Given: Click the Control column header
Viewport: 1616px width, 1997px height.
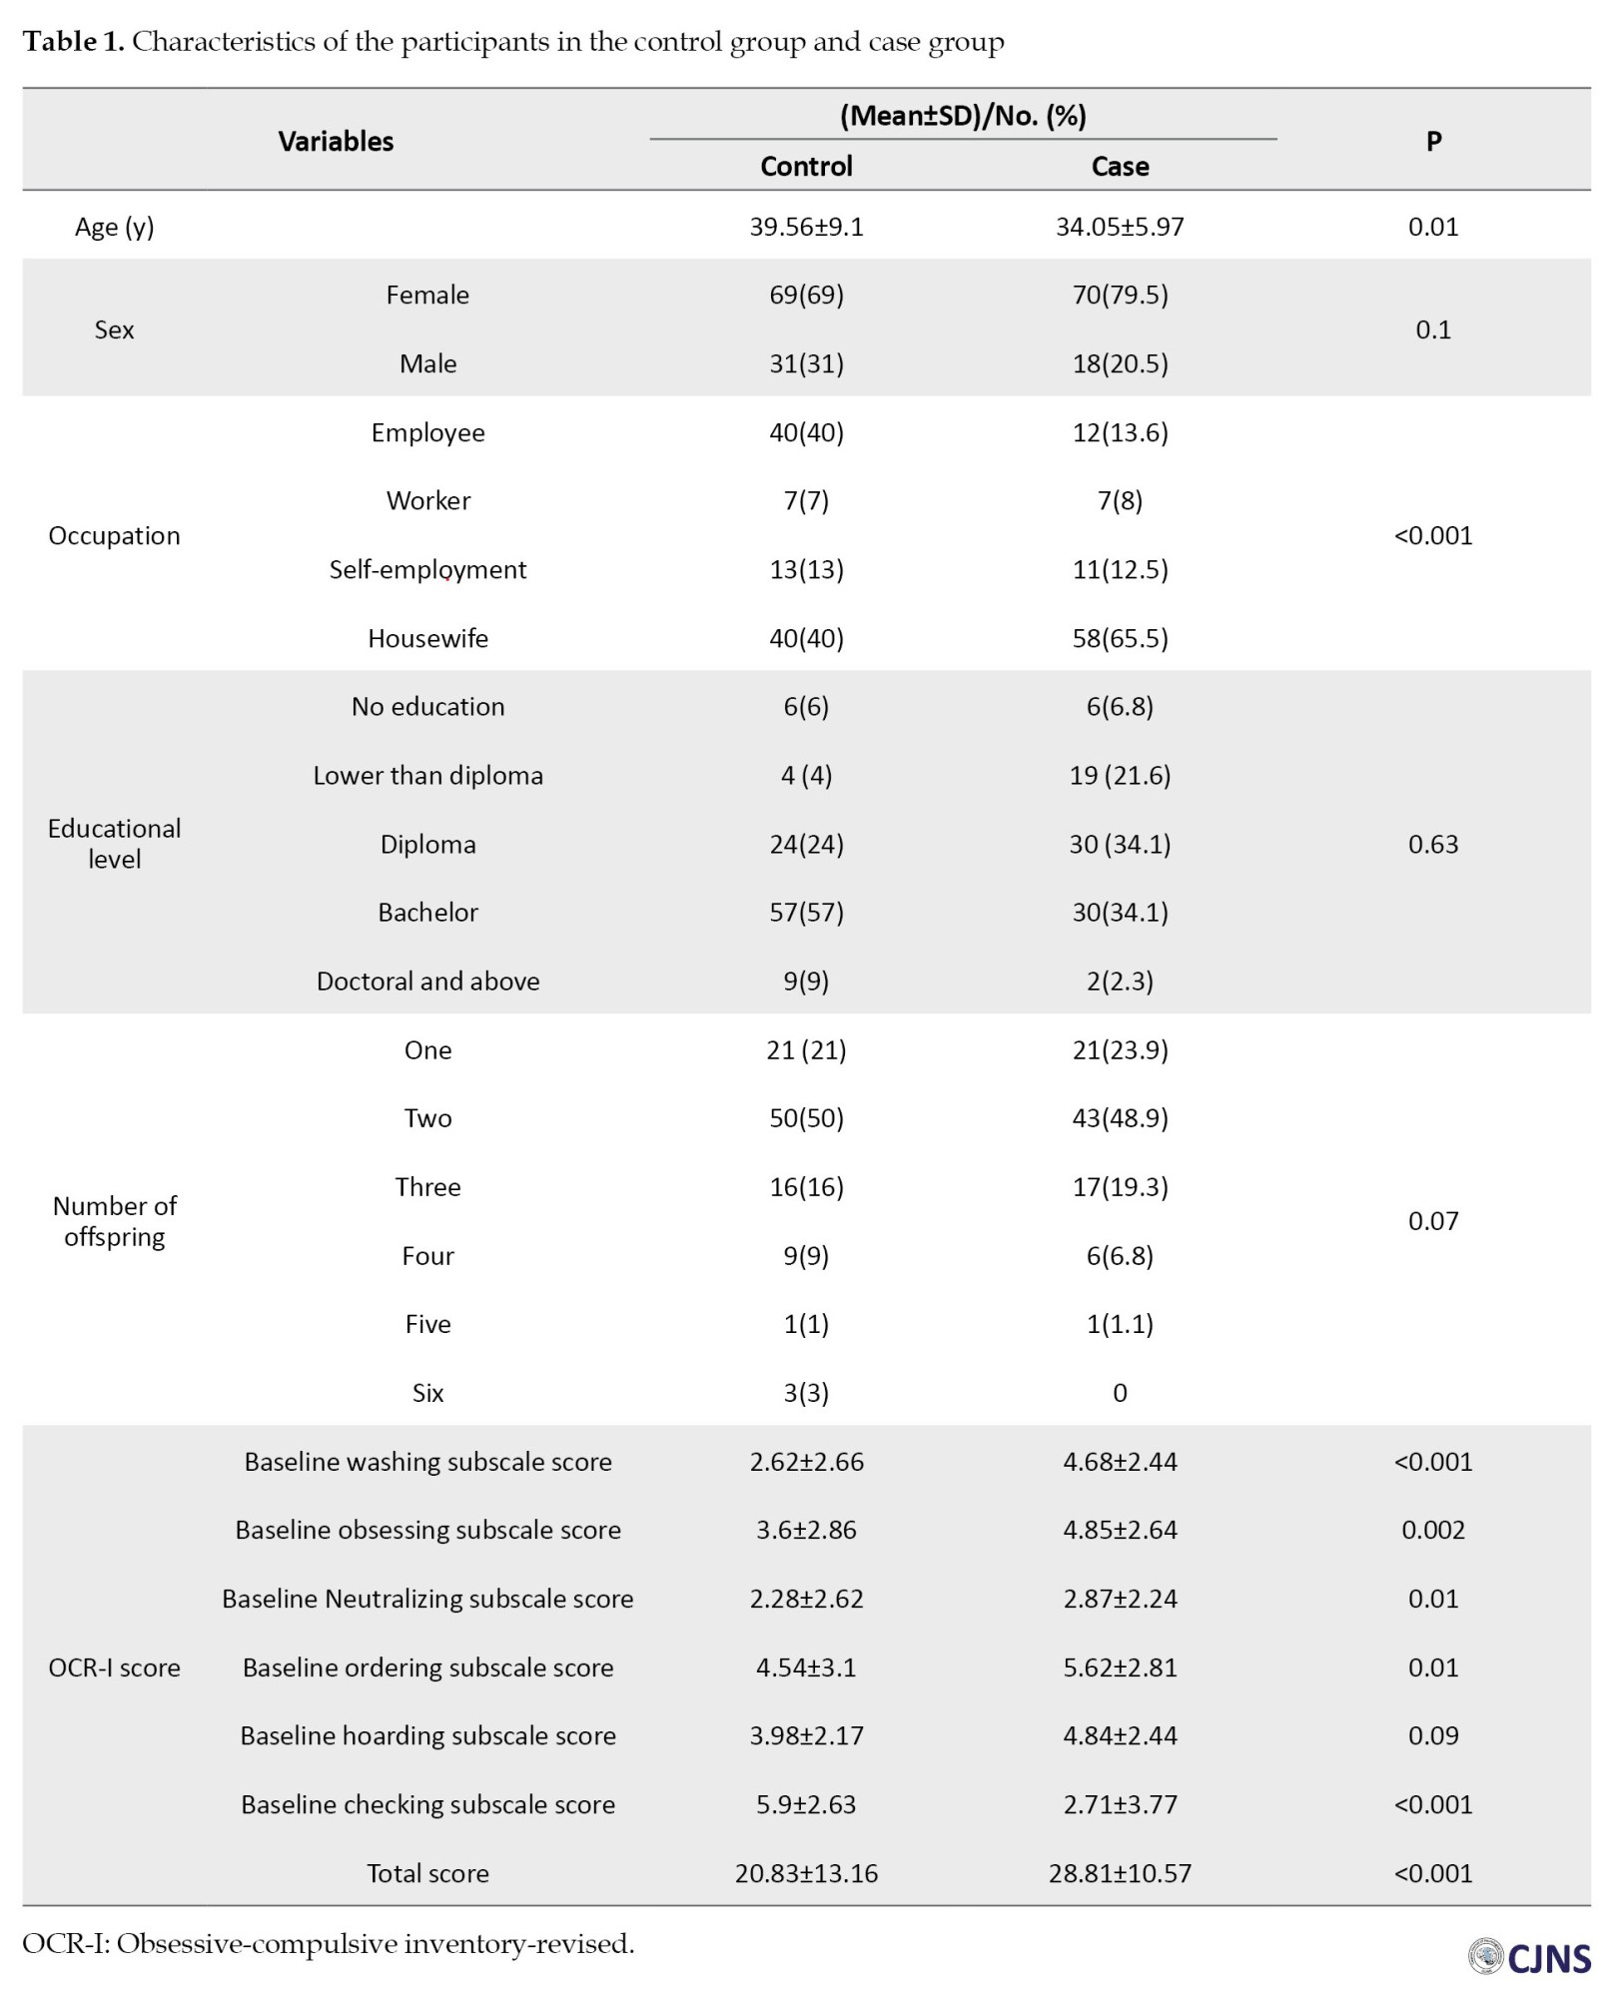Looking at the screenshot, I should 806,166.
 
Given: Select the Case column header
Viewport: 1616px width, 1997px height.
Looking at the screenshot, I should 1120,166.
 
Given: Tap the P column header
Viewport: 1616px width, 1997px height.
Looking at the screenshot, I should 1433,141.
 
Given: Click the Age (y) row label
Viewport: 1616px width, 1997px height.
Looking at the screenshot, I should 114,227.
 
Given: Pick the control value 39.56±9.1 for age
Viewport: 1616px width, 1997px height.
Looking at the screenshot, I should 806,227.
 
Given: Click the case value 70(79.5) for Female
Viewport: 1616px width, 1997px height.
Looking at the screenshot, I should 1120,295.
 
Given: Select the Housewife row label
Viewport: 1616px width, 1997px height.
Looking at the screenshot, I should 427,638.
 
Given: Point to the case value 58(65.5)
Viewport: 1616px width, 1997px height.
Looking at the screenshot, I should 1120,638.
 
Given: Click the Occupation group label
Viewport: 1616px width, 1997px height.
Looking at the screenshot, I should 114,535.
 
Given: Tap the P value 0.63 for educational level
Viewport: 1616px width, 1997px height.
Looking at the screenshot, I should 1433,844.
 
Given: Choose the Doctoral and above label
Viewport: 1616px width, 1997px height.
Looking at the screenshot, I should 427,981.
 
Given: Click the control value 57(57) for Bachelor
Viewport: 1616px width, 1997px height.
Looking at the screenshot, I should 806,912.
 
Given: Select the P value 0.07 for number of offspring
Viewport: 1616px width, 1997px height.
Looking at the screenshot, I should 1433,1220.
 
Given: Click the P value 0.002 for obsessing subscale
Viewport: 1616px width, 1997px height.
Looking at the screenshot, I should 1433,1530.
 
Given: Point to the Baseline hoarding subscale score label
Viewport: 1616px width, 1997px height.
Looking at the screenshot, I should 427,1735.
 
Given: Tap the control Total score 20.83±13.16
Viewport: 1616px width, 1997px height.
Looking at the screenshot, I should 806,1873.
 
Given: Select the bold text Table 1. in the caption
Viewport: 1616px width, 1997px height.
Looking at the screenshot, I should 73,42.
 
